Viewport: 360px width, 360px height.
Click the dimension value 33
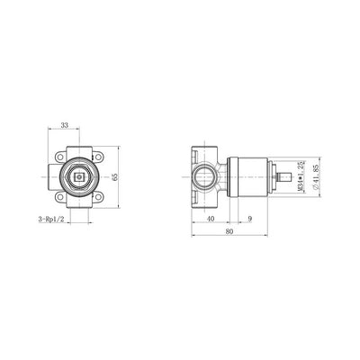click(64, 125)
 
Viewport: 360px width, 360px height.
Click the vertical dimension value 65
click(114, 177)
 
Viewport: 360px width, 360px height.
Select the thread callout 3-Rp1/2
click(51, 220)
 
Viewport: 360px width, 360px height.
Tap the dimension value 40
click(211, 219)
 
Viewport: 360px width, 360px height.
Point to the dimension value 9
click(250, 219)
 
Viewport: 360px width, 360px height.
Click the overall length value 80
click(229, 231)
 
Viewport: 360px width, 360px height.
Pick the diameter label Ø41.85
click(316, 176)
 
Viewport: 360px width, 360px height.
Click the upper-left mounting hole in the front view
click(61, 157)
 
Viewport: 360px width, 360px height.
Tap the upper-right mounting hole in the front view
click(98, 157)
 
